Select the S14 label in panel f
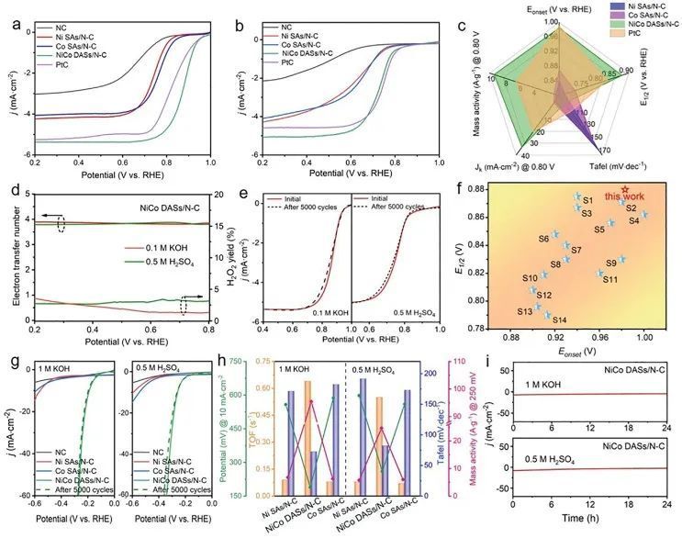(559, 319)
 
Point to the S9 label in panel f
(610, 263)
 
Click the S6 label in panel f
(543, 239)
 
